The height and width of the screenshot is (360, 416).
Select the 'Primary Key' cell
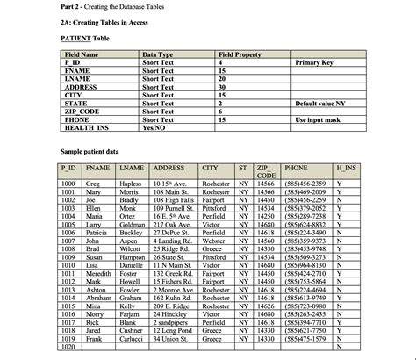click(x=319, y=64)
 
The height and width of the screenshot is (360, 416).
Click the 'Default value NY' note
click(x=329, y=104)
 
